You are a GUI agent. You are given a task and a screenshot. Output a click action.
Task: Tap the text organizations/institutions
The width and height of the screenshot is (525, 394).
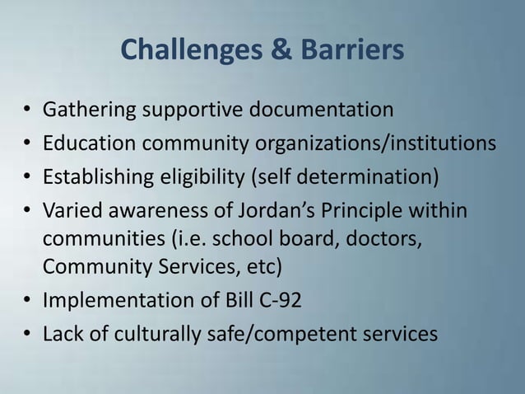(377, 144)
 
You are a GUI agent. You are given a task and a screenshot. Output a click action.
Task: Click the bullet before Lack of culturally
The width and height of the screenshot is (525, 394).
(27, 335)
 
